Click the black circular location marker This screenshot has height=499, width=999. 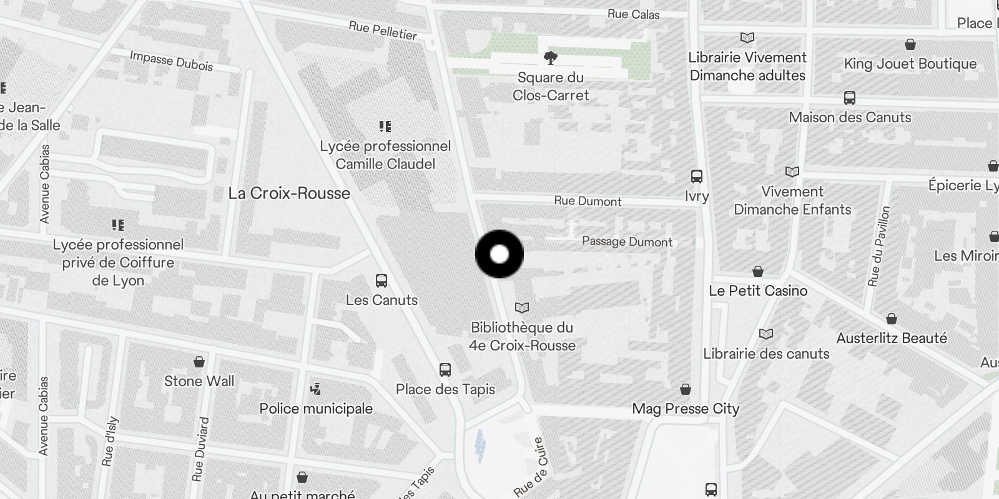499,254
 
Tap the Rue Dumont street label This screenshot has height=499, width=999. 588,201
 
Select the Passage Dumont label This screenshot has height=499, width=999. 627,241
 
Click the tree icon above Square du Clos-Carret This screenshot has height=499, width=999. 550,58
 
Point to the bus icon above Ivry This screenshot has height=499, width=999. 697,177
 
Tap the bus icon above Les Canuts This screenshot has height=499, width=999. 381,281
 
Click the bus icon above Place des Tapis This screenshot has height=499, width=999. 445,370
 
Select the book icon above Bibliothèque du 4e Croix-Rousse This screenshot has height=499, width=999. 522,308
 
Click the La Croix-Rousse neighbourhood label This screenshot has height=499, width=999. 289,193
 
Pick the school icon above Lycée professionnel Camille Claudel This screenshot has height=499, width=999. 385,127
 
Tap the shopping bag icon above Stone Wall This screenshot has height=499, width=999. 199,362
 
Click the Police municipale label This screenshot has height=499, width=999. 316,409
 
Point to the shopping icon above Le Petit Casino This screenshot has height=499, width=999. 758,271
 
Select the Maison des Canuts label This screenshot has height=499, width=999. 850,117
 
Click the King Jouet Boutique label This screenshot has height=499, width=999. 910,64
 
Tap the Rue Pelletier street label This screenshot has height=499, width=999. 383,30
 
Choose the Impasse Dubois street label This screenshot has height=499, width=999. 171,61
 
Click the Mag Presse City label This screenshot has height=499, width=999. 686,409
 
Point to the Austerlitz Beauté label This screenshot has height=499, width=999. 892,338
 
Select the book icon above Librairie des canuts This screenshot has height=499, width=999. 766,334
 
